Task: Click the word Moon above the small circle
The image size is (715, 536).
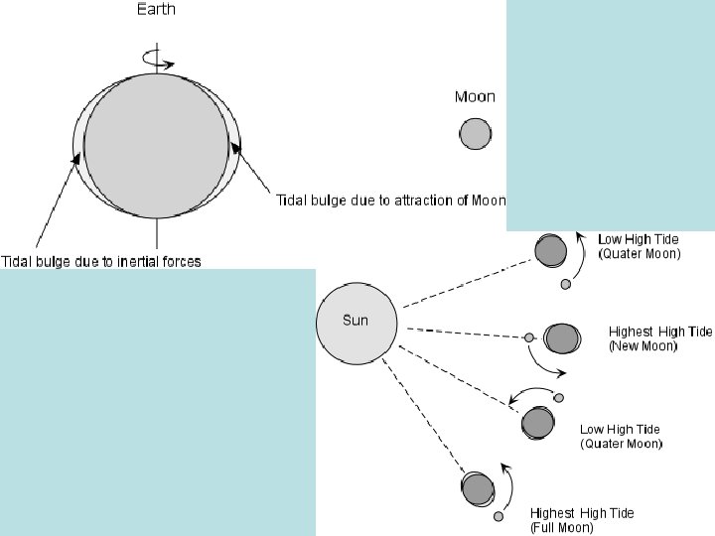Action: point(475,96)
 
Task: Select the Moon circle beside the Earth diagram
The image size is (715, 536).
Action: point(475,133)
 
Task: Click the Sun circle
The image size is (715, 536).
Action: point(357,321)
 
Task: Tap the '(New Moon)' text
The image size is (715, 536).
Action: point(643,346)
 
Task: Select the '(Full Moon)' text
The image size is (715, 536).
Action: point(562,527)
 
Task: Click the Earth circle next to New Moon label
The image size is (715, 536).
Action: point(561,337)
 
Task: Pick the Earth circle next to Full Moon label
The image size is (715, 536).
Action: point(478,488)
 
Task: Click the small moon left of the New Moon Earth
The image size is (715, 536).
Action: point(529,337)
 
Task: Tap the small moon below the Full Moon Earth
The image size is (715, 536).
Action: point(499,516)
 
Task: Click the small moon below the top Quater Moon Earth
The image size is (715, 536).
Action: point(565,284)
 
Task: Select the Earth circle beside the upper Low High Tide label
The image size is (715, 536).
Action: point(549,250)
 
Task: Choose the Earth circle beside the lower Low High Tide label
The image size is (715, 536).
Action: point(537,423)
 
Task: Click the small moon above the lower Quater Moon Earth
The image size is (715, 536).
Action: point(559,398)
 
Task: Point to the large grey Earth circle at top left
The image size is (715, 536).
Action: point(157,147)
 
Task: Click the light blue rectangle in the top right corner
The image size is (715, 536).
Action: point(610,114)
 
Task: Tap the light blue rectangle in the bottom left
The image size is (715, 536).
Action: point(157,402)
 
